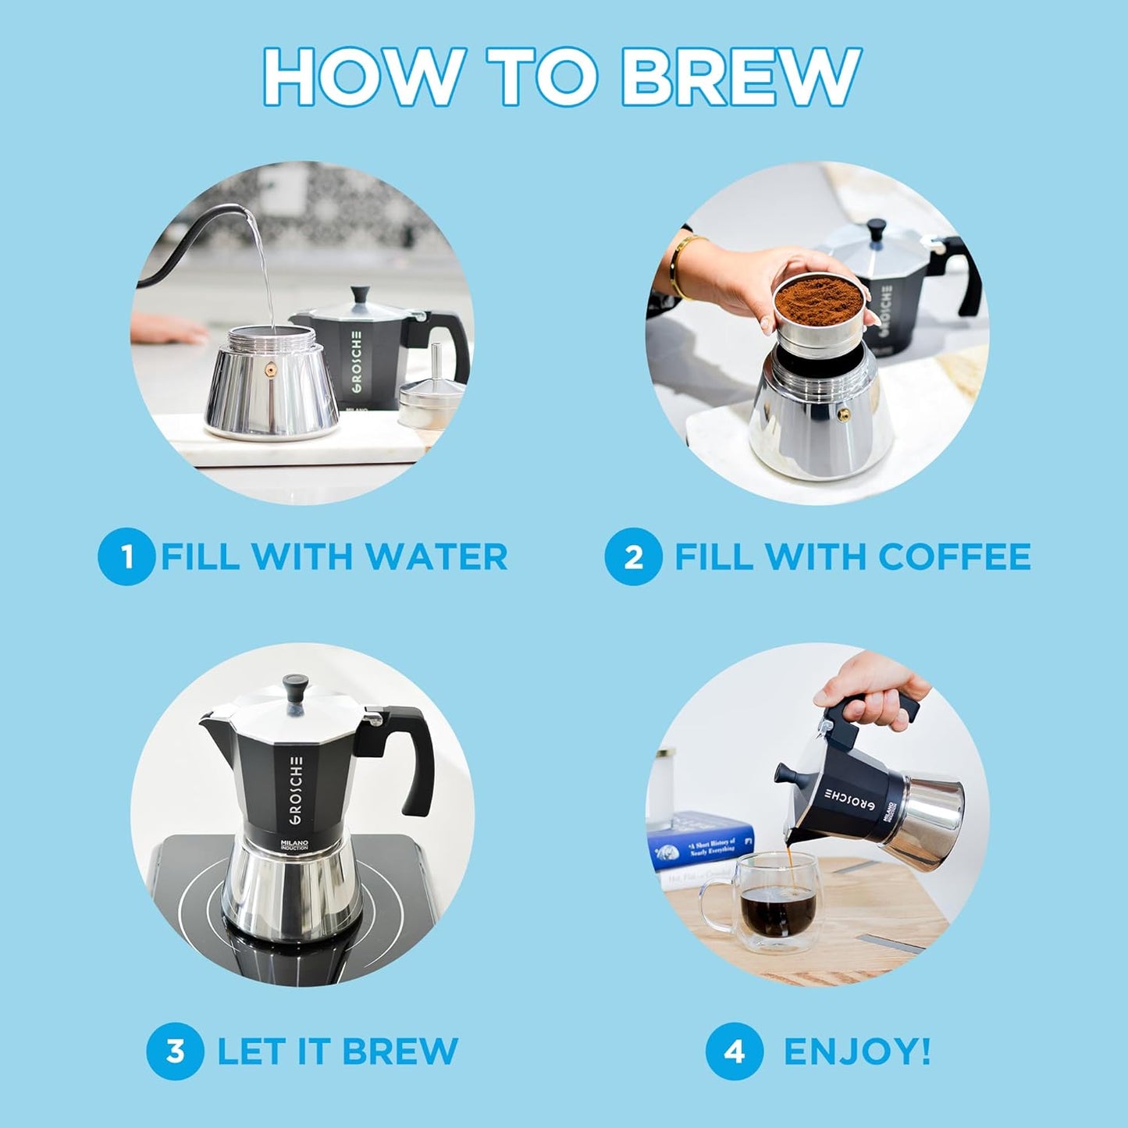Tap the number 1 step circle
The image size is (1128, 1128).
126,557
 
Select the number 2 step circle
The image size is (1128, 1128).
632,557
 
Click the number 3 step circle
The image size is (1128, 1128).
175,1051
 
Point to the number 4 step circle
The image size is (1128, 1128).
734,1051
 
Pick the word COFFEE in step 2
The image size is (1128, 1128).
954,557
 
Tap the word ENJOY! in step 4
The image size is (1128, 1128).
857,1051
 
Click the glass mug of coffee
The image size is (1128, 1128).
769,898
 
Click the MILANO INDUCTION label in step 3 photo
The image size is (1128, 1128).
294,845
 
